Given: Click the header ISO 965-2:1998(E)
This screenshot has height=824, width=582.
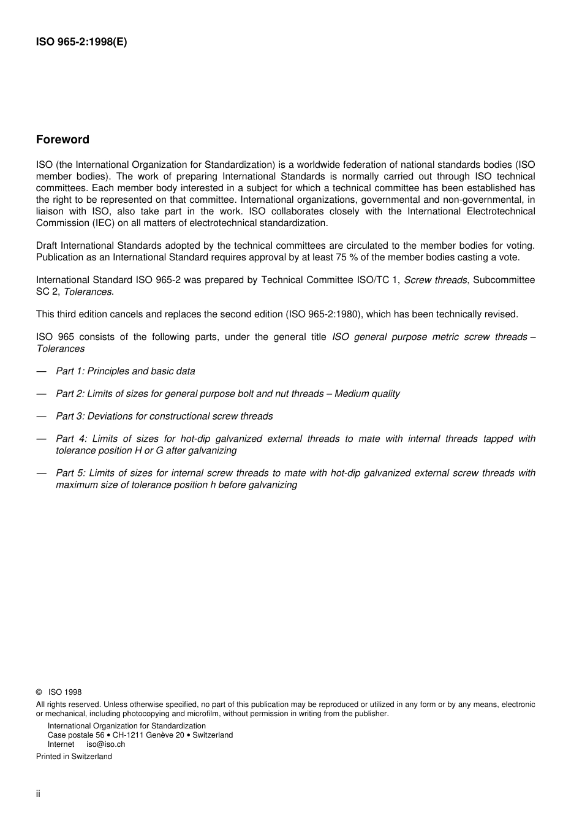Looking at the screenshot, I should [x=81, y=42].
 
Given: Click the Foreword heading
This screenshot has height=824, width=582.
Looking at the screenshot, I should [x=62, y=140].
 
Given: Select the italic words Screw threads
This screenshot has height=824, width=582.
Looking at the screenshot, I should [x=435, y=280].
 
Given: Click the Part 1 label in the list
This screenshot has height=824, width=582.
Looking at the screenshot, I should [x=70, y=371].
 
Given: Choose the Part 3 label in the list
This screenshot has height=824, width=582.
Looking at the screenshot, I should [x=70, y=417].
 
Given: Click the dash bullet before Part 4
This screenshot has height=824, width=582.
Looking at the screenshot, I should [x=41, y=439].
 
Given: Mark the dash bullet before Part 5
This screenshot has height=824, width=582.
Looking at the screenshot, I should [x=41, y=473].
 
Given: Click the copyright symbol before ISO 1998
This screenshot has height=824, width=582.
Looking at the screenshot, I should [x=39, y=692].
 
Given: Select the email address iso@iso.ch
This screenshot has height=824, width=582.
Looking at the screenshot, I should [x=105, y=744].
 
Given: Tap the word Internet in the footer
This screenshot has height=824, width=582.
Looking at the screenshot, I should [x=61, y=744].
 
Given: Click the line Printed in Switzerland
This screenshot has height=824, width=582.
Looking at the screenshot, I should [x=74, y=757].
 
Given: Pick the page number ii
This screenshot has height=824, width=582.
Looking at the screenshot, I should [x=38, y=794].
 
